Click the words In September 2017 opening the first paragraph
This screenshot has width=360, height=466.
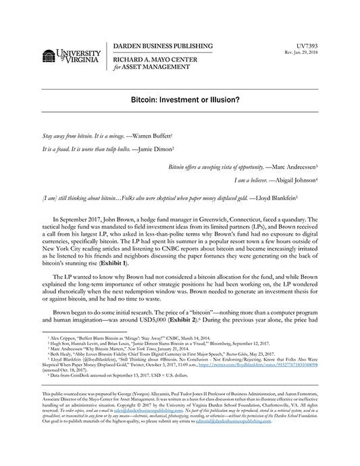pos(86,219)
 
